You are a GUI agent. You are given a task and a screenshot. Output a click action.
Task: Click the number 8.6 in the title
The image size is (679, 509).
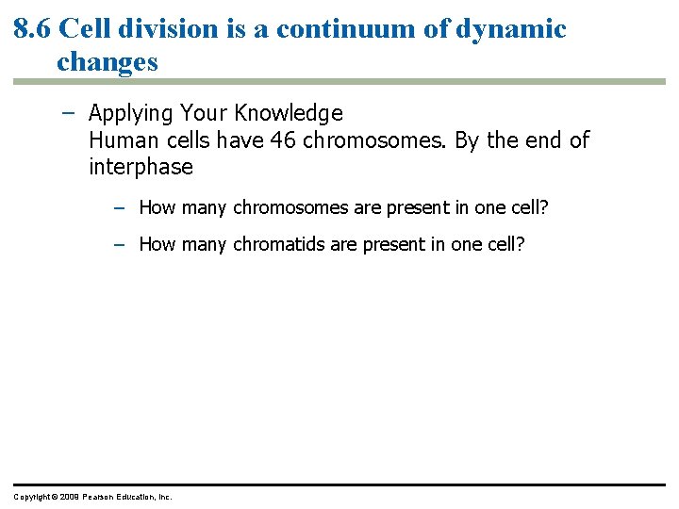32,29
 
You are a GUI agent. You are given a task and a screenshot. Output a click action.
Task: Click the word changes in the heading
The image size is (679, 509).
107,62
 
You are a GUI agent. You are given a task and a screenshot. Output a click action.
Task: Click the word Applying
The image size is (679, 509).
129,114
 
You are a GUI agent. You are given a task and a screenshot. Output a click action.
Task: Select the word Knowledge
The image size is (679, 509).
290,113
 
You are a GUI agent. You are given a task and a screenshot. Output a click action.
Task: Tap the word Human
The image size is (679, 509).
119,140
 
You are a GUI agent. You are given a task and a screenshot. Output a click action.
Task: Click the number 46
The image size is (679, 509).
282,140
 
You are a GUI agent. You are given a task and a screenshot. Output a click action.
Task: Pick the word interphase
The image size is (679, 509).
141,168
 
